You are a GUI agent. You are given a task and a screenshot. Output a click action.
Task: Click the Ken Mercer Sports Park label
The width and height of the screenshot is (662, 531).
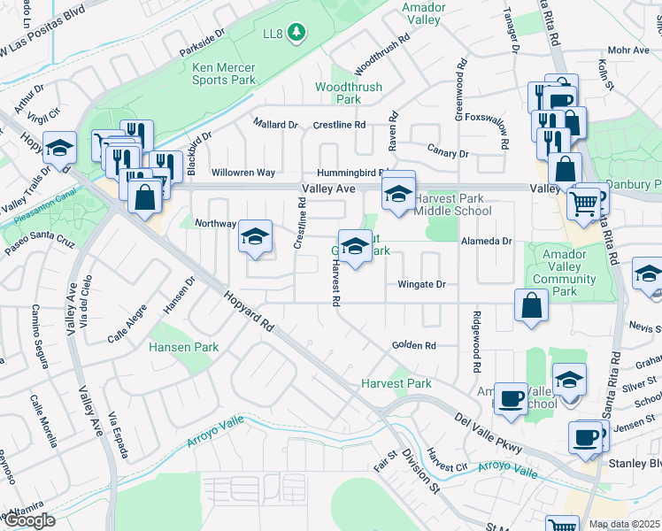[x=224, y=73]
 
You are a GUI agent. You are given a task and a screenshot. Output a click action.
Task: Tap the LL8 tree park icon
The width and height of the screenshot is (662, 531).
[x=297, y=34]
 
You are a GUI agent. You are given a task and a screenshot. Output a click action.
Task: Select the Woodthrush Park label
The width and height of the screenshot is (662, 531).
[x=338, y=93]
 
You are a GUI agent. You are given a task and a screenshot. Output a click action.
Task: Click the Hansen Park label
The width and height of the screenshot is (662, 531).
[x=183, y=348]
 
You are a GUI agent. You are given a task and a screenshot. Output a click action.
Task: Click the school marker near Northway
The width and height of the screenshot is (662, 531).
[x=255, y=237]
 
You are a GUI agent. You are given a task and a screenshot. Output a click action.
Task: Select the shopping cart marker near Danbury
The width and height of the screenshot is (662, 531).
[x=583, y=203]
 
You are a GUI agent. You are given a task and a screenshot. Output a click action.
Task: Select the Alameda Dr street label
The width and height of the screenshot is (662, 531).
[x=486, y=241]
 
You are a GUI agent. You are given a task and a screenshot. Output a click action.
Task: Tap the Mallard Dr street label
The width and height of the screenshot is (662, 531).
[x=275, y=125]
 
